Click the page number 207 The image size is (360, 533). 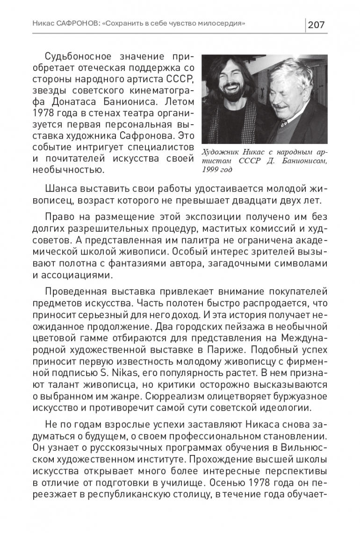316,24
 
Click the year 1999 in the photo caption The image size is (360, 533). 210,169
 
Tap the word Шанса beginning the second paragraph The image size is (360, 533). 61,188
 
